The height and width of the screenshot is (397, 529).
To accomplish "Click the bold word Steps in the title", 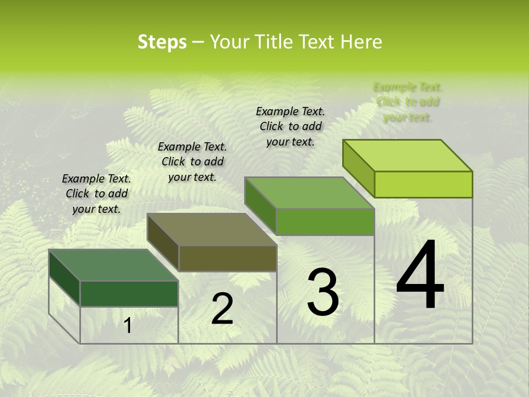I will [162, 42].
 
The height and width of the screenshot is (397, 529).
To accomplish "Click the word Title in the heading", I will [273, 42].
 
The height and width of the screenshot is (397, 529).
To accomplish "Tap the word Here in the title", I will [361, 42].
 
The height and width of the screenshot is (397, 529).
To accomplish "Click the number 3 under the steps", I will [323, 292].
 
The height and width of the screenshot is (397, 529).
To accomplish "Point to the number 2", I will [222, 309].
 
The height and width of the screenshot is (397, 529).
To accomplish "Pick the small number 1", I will [128, 325].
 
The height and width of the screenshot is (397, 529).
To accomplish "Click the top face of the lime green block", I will [407, 155].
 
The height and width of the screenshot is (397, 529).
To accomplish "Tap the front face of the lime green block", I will [423, 184].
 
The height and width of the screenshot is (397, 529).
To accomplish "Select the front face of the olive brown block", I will [228, 258].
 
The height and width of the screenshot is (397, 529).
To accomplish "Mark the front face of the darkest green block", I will [129, 293].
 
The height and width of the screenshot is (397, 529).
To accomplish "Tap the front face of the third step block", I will [325, 222].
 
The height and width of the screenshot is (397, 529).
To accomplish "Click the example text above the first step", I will [96, 194].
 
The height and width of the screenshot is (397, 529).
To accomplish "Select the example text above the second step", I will [192, 162].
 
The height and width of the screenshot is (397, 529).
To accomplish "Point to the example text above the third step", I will [290, 126].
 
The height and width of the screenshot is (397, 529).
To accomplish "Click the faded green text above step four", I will [408, 102].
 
